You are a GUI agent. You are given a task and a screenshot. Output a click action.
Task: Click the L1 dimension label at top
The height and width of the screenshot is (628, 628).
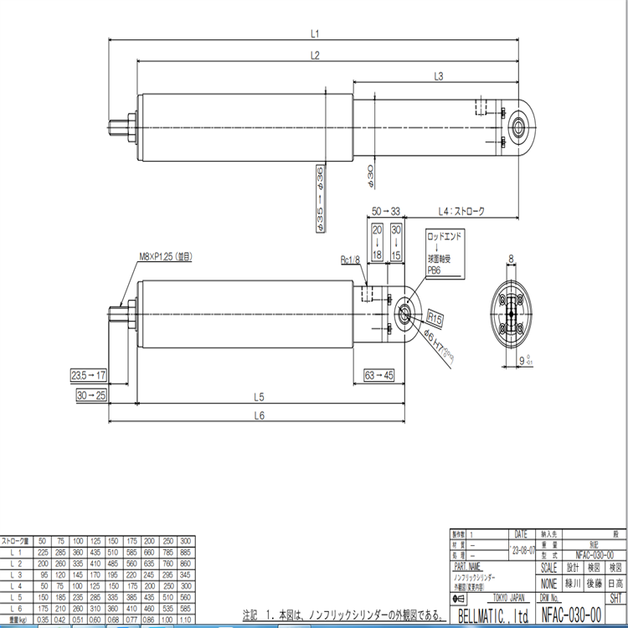tap(316, 34)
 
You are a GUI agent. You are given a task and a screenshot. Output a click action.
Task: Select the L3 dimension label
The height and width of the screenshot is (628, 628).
tap(438, 76)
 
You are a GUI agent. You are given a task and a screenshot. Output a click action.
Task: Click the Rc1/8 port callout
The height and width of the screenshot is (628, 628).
tap(350, 260)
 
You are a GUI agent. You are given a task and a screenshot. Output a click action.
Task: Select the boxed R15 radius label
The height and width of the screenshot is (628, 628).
tap(434, 319)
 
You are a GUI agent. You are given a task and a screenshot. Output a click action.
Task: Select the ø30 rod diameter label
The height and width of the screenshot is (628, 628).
tap(369, 177)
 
